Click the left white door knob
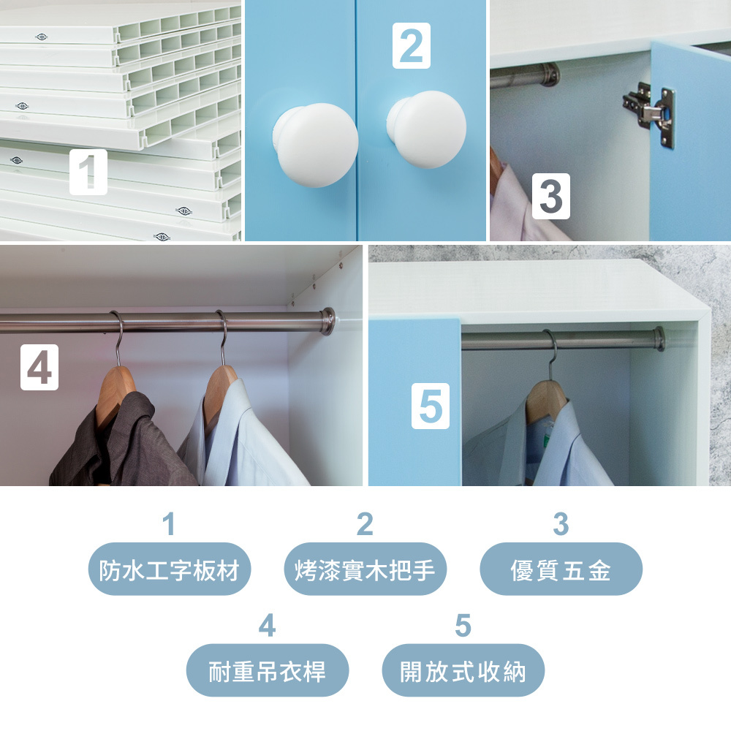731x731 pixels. click(316, 145)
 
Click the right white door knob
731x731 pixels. click(427, 129)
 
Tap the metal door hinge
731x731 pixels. click(649, 115)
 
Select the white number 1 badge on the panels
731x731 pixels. click(88, 172)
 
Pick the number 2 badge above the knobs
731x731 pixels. click(411, 45)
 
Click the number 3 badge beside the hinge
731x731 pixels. click(551, 196)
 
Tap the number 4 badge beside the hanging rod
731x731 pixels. click(39, 368)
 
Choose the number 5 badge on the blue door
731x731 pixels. click(431, 406)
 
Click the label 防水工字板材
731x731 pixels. click(170, 569)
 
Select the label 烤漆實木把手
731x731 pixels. click(365, 569)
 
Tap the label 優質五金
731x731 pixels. click(561, 569)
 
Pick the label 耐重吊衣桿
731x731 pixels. click(267, 671)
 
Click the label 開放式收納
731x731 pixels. click(463, 671)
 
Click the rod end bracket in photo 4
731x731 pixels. click(327, 321)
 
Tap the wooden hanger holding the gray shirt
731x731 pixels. click(115, 394)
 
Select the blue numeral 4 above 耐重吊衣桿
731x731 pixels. click(267, 625)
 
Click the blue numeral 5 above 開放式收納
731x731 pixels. click(463, 625)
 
